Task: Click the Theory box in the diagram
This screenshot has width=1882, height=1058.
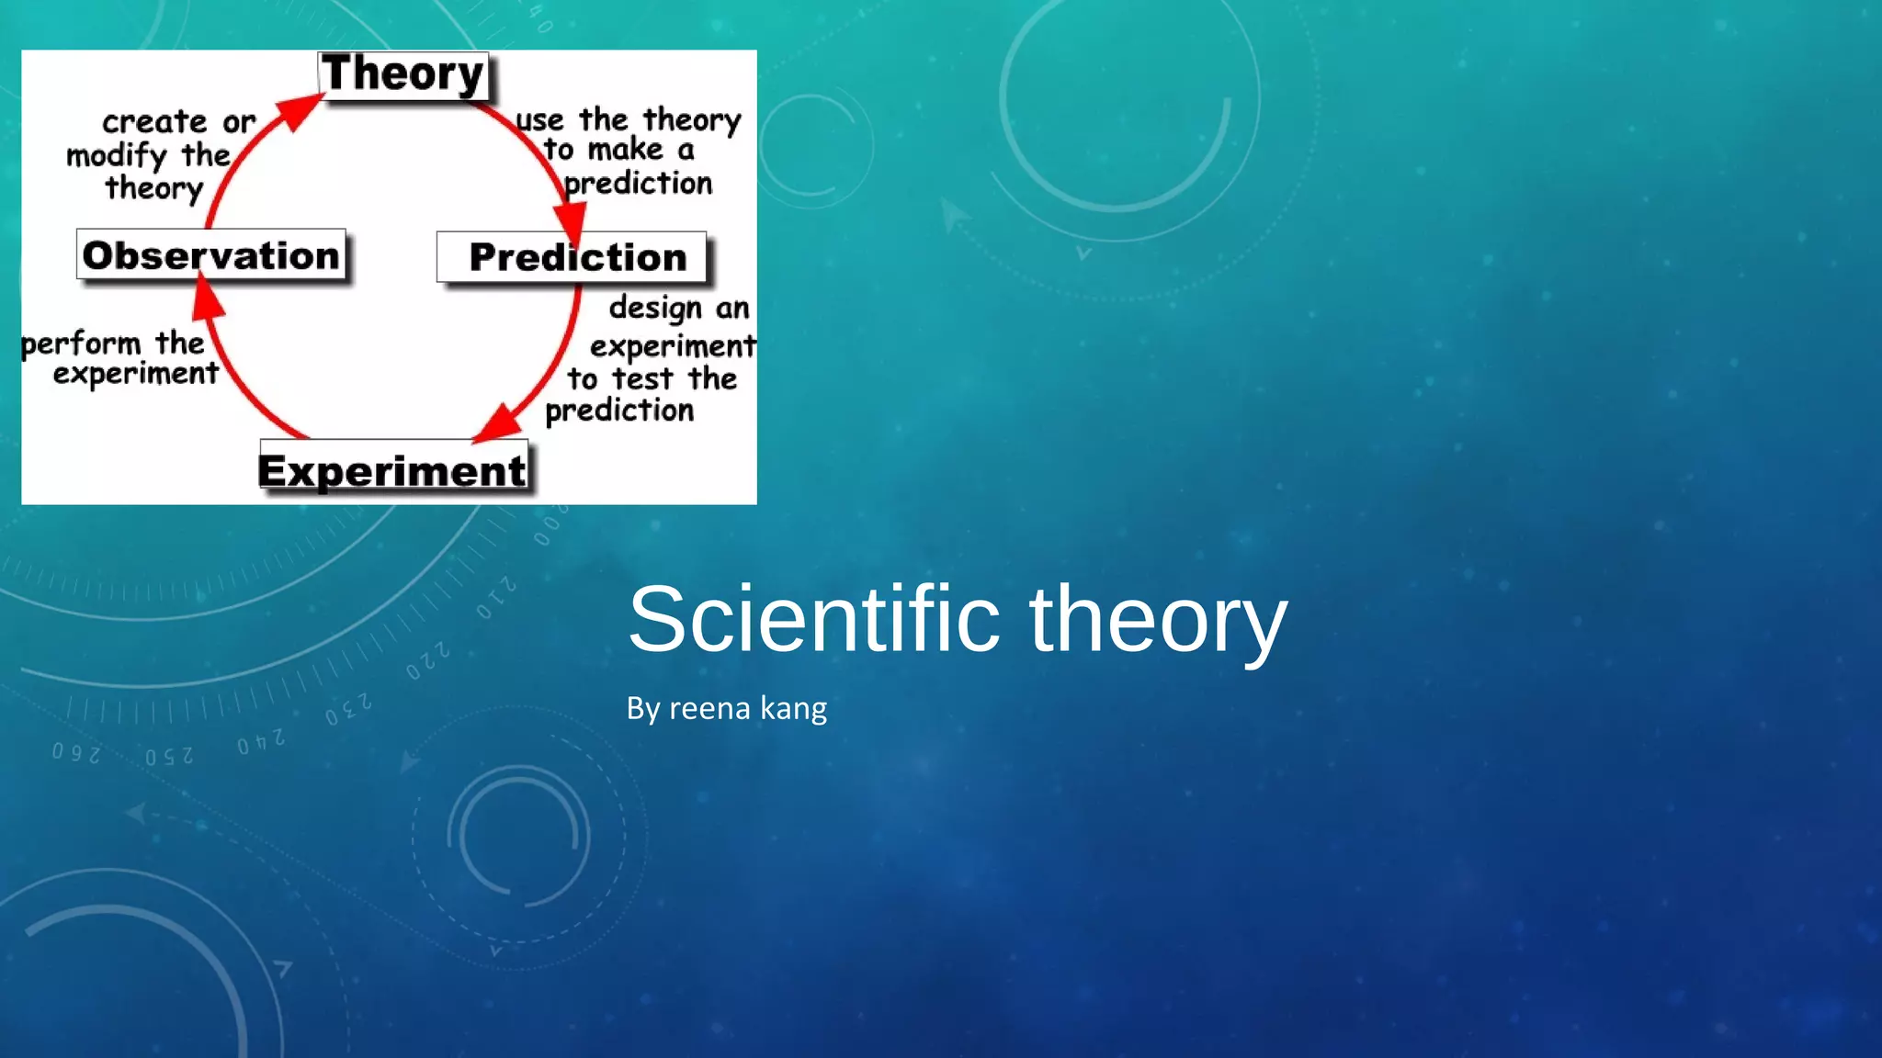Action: click(403, 74)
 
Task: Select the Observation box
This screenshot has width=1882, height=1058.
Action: click(211, 254)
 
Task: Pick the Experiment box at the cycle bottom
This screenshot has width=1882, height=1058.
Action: click(392, 470)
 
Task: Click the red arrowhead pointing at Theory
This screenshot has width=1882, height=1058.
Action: click(298, 112)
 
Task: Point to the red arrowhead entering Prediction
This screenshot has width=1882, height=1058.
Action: click(570, 223)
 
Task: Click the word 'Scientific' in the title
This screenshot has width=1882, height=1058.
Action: click(813, 619)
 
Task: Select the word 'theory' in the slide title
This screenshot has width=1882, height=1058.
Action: click(1158, 621)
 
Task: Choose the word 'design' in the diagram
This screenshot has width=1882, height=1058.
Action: click(655, 309)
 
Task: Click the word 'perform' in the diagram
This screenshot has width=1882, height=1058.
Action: click(81, 345)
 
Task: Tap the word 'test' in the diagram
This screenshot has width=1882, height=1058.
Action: click(642, 378)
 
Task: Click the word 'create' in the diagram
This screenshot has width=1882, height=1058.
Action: click(154, 121)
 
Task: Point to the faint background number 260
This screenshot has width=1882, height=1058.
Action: click(75, 753)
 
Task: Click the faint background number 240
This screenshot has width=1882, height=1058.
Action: click(261, 741)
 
